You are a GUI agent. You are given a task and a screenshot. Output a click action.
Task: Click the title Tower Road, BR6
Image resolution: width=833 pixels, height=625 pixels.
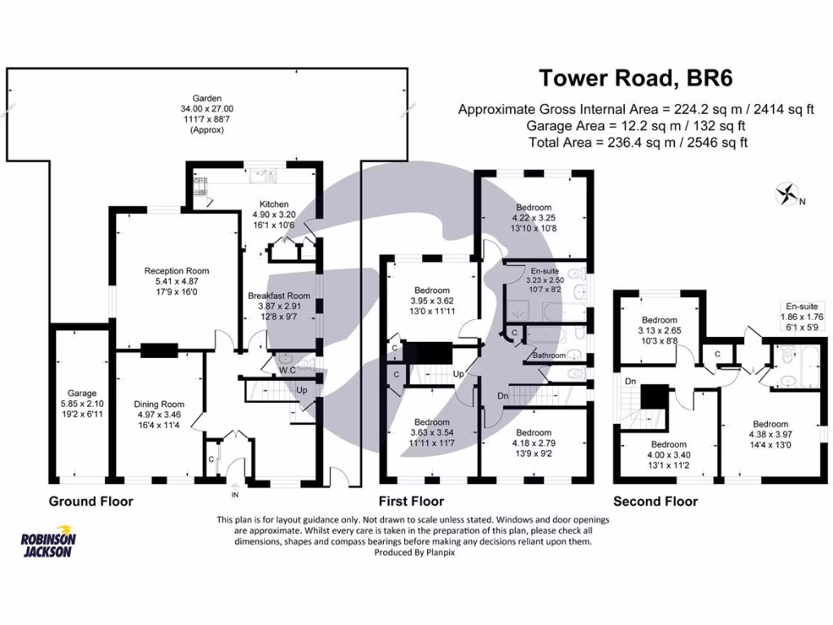637,79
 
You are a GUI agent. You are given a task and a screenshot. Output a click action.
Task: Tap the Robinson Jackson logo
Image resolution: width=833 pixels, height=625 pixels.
48,544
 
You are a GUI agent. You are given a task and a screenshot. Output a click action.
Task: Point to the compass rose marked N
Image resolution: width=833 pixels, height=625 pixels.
787,194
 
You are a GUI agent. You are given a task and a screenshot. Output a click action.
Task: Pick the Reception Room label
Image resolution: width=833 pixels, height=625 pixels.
177,271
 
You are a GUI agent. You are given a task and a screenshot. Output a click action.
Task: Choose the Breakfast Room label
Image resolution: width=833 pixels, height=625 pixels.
279,295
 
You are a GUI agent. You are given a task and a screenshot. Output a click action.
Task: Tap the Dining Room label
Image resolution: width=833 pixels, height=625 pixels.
159,404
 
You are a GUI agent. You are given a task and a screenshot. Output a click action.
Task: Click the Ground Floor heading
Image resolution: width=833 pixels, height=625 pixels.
91,501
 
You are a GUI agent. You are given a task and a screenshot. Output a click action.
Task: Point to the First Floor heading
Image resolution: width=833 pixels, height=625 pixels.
412,501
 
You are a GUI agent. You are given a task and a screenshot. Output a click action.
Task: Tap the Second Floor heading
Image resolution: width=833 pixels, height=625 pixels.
655,501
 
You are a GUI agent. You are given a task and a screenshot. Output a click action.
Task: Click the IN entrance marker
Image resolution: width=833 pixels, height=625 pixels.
236,494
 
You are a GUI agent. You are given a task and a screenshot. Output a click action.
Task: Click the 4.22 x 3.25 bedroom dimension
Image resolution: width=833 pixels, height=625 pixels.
532,218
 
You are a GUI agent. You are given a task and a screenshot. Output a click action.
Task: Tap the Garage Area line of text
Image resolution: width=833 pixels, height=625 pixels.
636,125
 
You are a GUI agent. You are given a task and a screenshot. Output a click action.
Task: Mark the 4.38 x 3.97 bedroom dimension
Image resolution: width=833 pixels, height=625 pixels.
770,435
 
